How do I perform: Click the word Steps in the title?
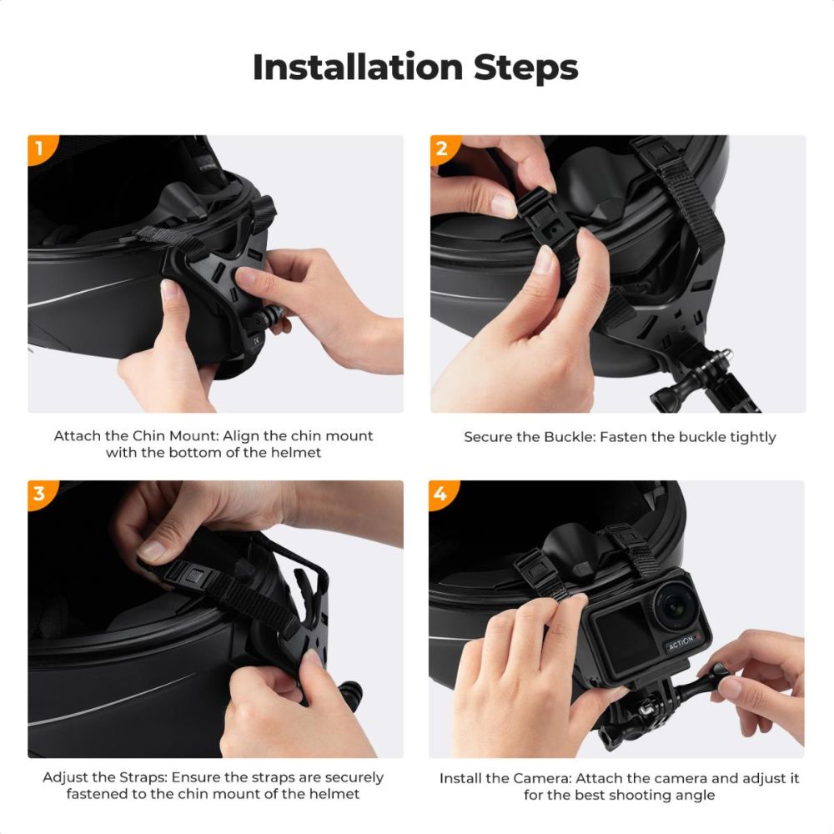[x=525, y=67]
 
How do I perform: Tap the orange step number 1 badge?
[x=38, y=148]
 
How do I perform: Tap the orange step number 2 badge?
[x=441, y=148]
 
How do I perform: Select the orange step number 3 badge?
[x=38, y=493]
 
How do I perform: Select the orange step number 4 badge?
[x=441, y=493]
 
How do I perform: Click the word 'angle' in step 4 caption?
[x=695, y=795]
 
